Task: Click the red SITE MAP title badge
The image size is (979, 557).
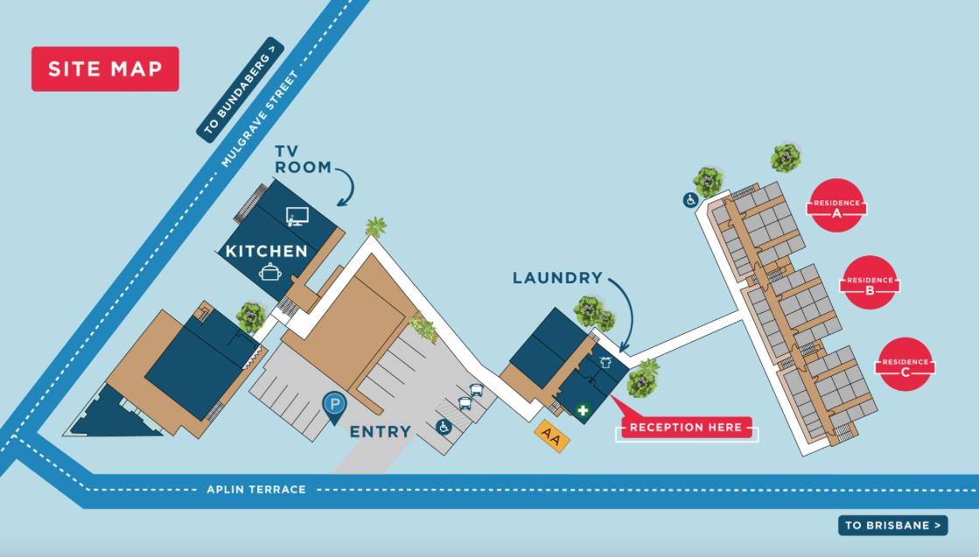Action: pyautogui.click(x=105, y=69)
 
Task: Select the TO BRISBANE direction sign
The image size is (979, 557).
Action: pyautogui.click(x=892, y=526)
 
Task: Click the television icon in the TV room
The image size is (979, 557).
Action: pyautogui.click(x=297, y=216)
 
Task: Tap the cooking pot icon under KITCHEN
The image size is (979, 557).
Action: pyautogui.click(x=269, y=272)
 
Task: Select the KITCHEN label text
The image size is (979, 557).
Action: pyautogui.click(x=266, y=251)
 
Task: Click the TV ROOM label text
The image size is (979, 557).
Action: pyautogui.click(x=301, y=158)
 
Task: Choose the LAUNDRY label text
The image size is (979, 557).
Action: pyautogui.click(x=557, y=278)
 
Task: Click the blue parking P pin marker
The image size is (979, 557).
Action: pyautogui.click(x=333, y=405)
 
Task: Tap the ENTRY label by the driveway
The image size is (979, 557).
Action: pyautogui.click(x=380, y=431)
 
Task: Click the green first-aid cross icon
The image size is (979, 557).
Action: pyautogui.click(x=581, y=408)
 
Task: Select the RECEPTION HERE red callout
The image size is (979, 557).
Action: pyautogui.click(x=687, y=427)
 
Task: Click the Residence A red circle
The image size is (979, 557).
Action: pyautogui.click(x=836, y=207)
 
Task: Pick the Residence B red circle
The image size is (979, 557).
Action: pyautogui.click(x=870, y=282)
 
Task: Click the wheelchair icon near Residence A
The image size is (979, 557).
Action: pyautogui.click(x=690, y=200)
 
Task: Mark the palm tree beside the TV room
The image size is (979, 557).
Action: pyautogui.click(x=376, y=226)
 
